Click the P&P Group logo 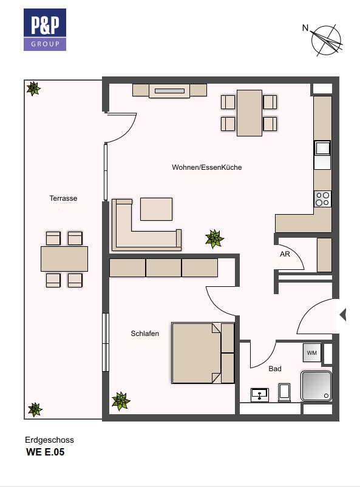45,30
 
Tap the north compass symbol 325,40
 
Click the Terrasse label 63,198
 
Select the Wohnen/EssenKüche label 207,167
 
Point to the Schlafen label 145,334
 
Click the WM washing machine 312,352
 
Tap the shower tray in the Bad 316,386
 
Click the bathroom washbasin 260,395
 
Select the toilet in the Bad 285,392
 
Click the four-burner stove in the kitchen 322,199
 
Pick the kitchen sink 323,149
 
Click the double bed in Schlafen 203,353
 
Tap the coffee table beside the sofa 157,209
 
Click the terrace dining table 64,259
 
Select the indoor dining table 250,113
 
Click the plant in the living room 214,238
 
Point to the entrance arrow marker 343,315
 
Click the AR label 285,254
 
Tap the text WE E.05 46,452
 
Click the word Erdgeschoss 49,440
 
